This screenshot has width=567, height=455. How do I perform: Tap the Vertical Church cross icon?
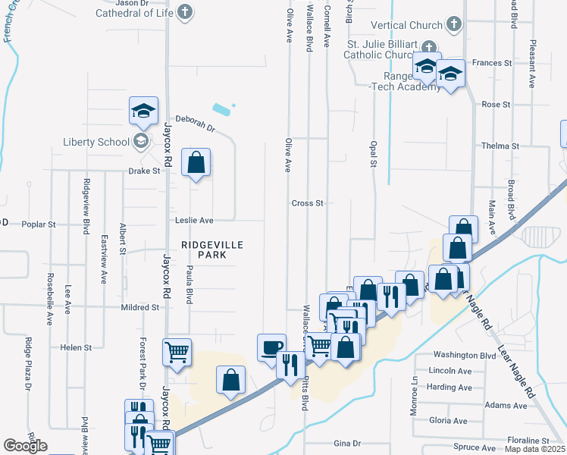point(453,25)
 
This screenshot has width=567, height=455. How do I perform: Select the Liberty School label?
point(96,142)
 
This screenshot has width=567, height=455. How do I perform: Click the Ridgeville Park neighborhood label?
point(203,249)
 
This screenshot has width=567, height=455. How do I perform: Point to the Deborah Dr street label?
point(196,123)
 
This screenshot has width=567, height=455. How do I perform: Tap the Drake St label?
point(145,171)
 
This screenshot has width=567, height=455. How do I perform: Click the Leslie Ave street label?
point(196,221)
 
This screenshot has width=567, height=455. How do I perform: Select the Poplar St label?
point(39,224)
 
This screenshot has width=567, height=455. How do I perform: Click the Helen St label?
point(76,347)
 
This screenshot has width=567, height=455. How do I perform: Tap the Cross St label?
point(308,203)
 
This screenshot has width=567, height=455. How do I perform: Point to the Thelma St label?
point(500,146)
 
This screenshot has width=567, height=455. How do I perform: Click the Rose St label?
point(496,104)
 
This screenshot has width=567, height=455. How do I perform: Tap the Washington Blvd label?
point(464,355)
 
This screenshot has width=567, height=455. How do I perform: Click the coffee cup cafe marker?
point(271,347)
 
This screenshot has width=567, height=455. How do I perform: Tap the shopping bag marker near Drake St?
point(196,162)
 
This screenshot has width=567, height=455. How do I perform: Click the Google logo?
point(25,446)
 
